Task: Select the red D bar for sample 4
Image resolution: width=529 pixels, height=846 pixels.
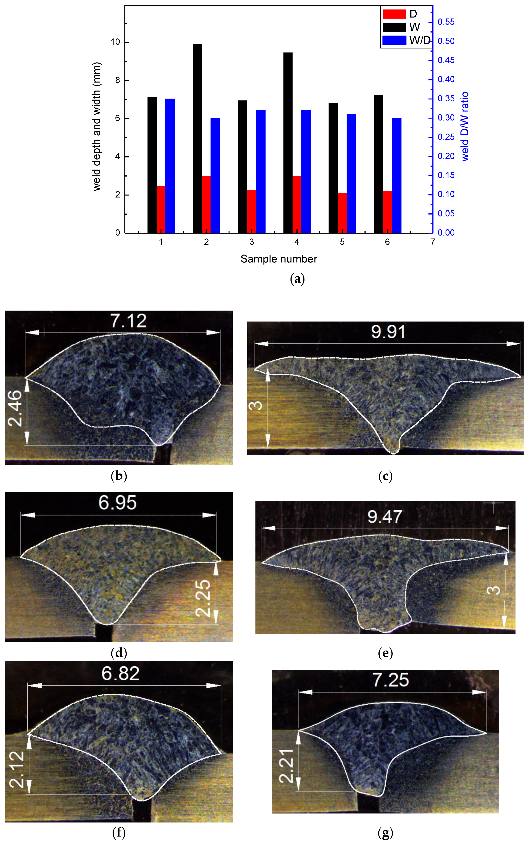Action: click(297, 204)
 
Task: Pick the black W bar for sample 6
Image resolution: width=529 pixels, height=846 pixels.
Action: click(378, 164)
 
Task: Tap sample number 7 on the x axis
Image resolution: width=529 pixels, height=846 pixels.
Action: click(432, 242)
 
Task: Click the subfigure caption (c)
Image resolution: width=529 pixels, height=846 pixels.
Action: click(385, 476)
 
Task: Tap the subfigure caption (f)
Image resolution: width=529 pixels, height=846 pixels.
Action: click(119, 833)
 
